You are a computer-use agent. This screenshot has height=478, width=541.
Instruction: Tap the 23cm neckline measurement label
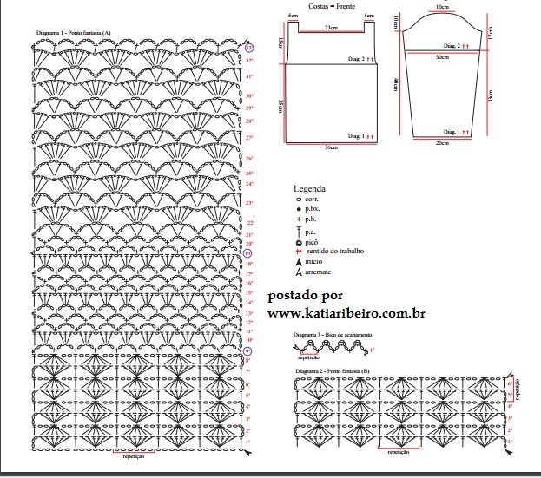(x=331, y=29)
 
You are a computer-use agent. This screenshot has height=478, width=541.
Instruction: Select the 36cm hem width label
(x=330, y=147)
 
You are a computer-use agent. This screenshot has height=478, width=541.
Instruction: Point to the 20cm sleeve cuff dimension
(x=442, y=142)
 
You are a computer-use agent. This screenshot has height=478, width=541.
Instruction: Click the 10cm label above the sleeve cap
(x=442, y=7)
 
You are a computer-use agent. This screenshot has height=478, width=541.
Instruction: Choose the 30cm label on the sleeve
(x=442, y=56)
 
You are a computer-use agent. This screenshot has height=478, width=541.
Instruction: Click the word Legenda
(x=309, y=188)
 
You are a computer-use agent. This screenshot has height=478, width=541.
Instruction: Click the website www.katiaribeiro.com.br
(x=346, y=312)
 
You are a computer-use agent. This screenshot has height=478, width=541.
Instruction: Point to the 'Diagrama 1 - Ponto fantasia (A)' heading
(x=74, y=32)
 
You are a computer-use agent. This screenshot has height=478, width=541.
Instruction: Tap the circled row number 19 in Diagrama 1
(x=248, y=253)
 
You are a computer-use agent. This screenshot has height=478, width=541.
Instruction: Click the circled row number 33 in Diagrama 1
(x=248, y=49)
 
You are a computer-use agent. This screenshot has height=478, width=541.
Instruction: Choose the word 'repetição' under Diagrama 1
(x=134, y=455)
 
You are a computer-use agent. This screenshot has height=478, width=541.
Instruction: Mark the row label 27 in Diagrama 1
(x=249, y=138)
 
